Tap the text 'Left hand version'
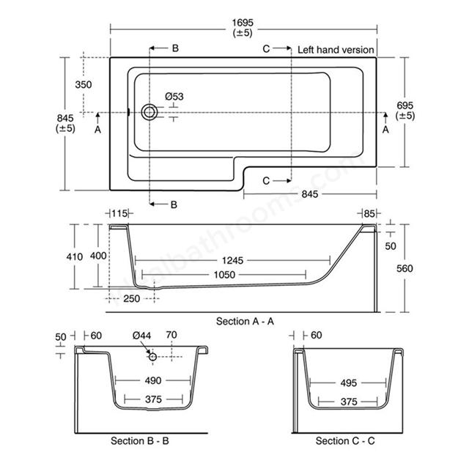[336, 50]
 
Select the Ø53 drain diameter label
[174, 96]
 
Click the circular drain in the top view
[149, 112]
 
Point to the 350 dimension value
[83, 84]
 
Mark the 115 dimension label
[120, 213]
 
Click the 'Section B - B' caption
[139, 441]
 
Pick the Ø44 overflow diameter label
[142, 336]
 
